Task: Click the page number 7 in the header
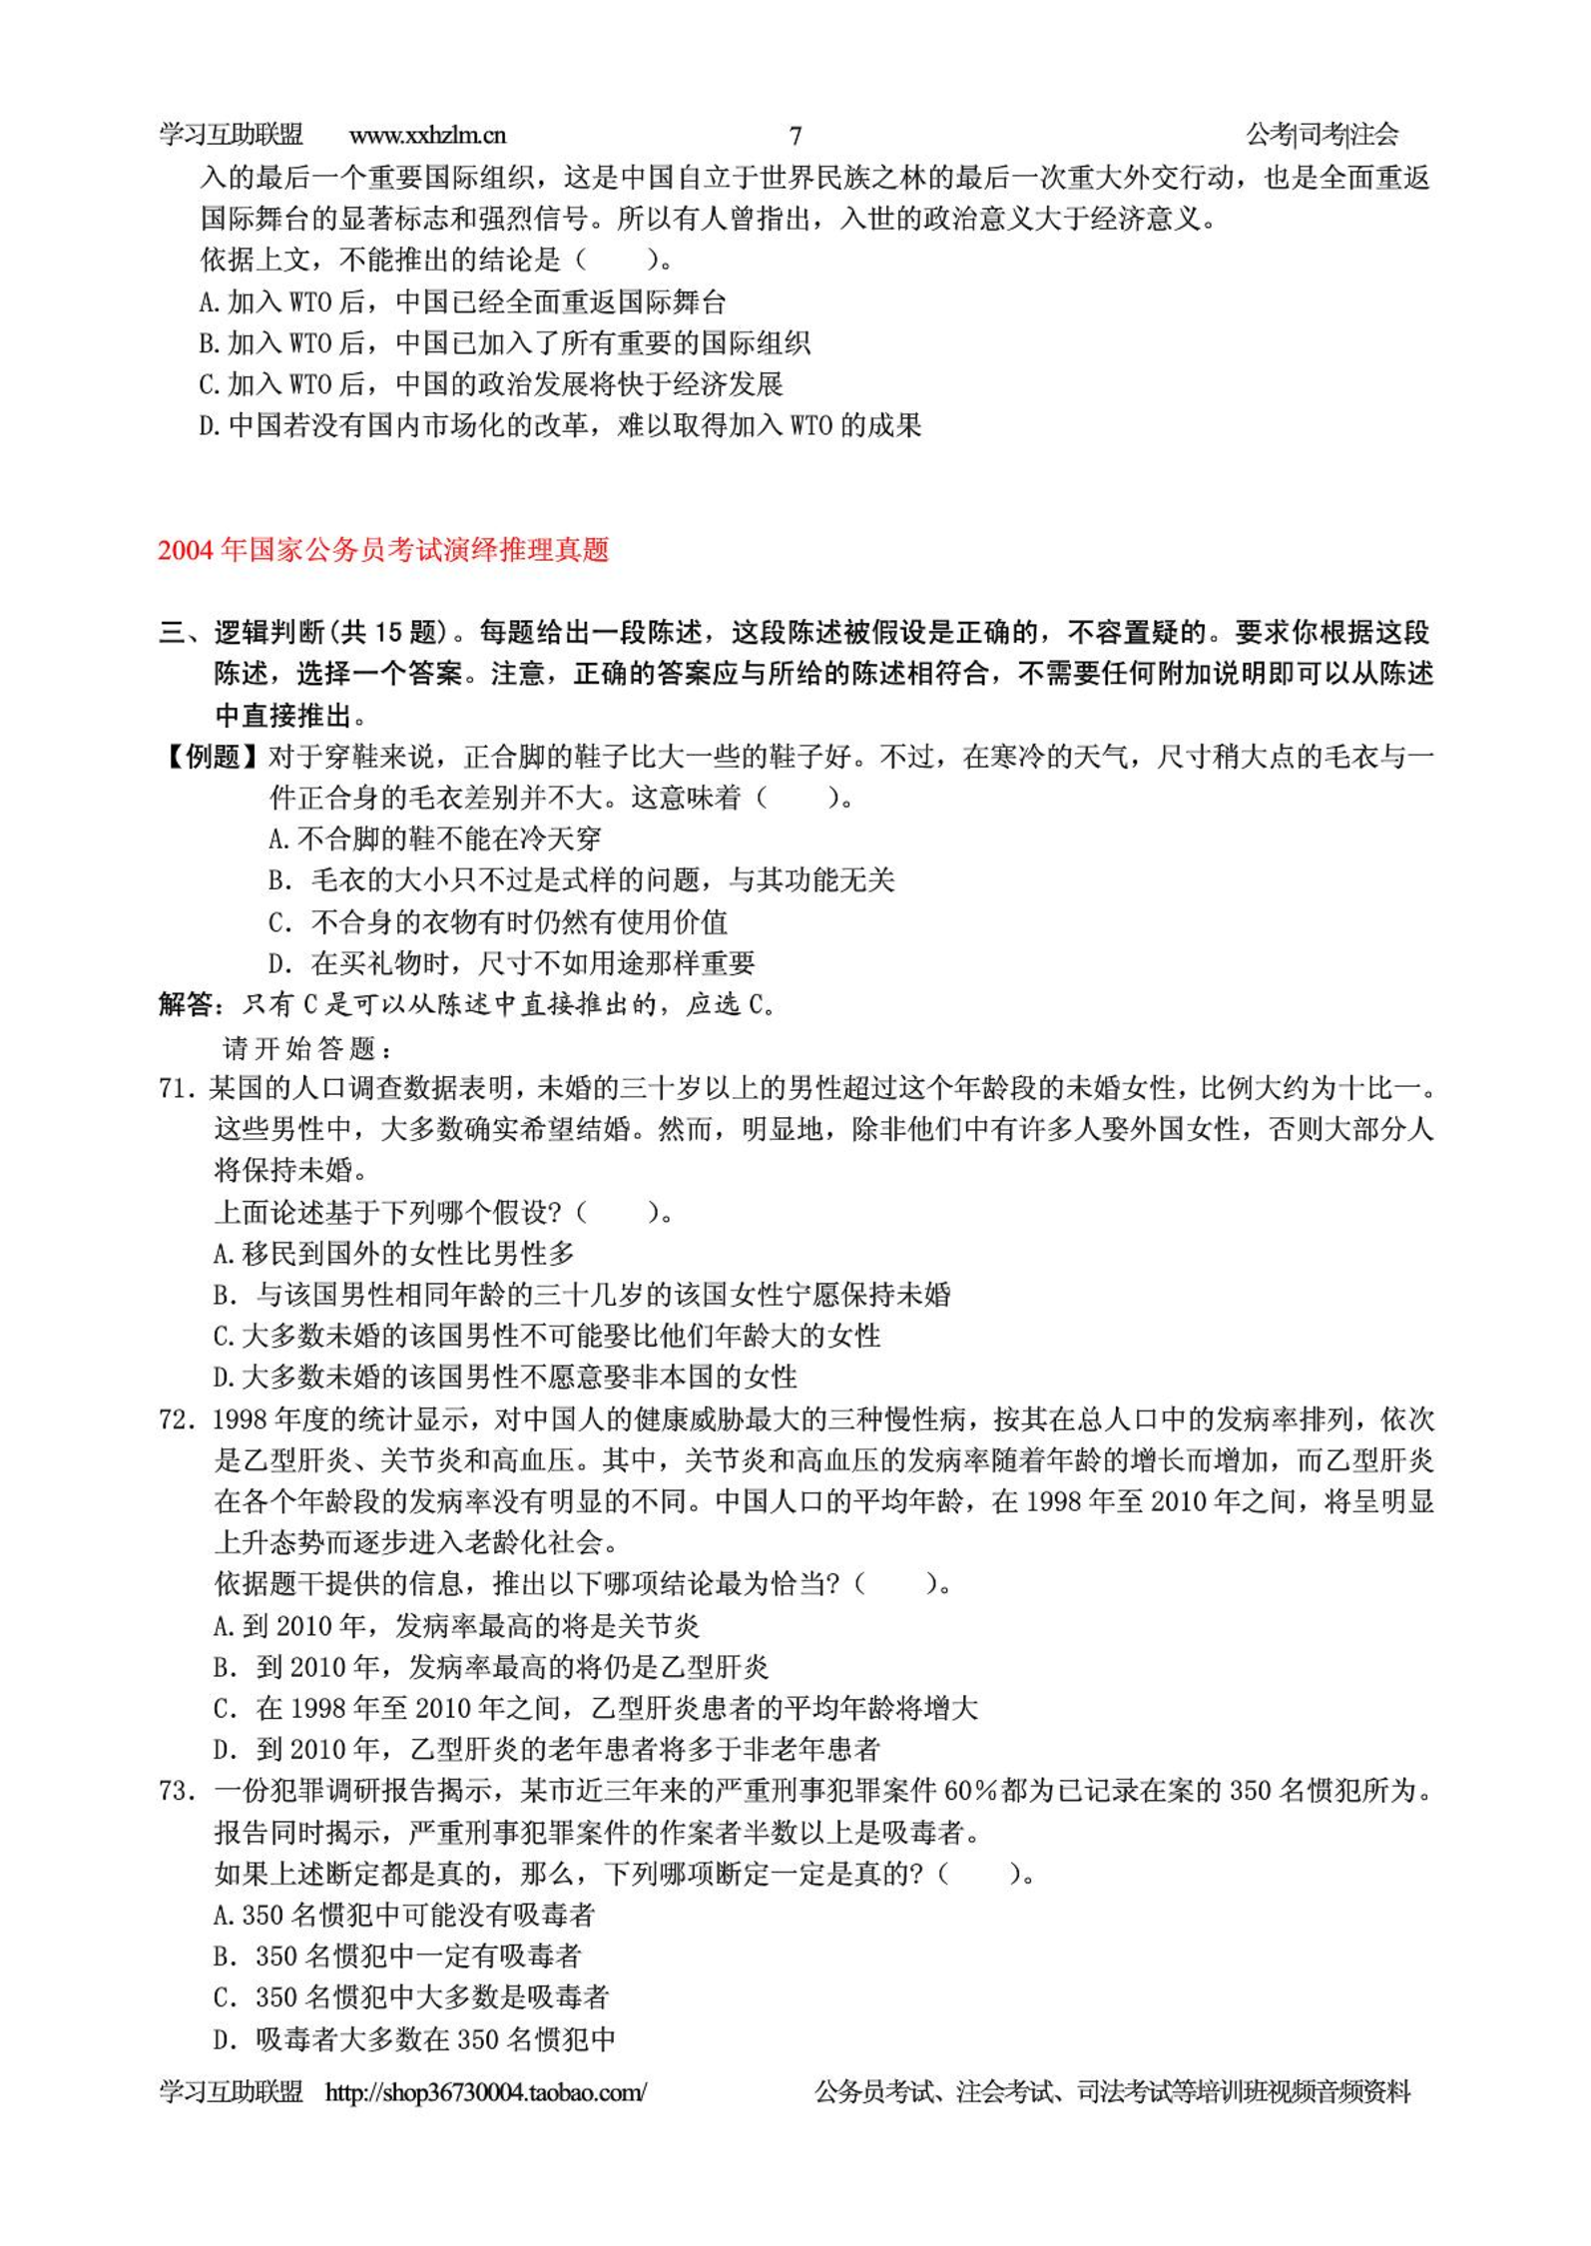click(795, 136)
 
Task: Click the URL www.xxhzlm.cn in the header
click(427, 135)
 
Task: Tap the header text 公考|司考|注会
click(1322, 135)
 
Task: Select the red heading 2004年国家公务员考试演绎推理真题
click(383, 550)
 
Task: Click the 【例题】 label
click(212, 757)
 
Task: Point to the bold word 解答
click(188, 1004)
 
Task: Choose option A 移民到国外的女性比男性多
click(394, 1254)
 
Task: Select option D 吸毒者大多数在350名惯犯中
click(414, 2038)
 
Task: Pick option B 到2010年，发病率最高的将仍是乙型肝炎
click(491, 1667)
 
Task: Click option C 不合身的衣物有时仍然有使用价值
click(498, 921)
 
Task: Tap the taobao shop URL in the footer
click(486, 2092)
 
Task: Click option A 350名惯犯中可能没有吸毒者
click(404, 1915)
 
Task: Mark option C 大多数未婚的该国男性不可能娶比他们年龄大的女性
click(547, 1336)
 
